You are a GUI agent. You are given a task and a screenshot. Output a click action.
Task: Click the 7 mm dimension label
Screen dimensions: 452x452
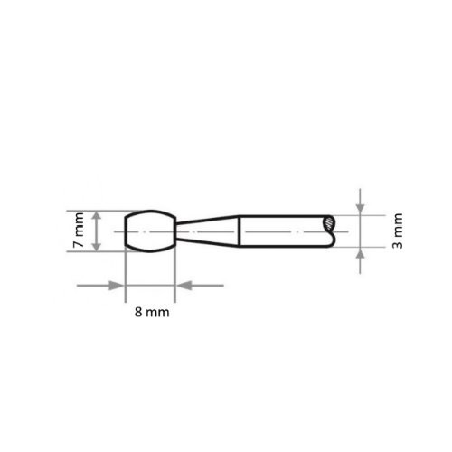pos(78,231)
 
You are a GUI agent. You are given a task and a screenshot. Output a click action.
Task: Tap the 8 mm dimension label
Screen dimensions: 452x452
pos(149,313)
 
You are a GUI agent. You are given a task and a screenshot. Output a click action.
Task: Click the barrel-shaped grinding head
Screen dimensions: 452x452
pos(148,231)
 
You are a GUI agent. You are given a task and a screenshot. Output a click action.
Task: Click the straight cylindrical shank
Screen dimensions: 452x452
pos(280,231)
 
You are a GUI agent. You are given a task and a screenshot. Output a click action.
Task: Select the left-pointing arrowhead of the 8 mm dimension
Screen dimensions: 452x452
pos(182,286)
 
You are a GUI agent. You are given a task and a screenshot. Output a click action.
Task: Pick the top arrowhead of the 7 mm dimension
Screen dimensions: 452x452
pos(95,216)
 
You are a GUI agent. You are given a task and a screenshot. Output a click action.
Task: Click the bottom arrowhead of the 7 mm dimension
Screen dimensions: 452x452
pos(95,246)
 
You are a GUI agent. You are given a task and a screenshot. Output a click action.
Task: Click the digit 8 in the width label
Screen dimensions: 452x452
pos(137,313)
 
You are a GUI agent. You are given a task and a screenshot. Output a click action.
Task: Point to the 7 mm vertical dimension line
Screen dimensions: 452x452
pos(95,231)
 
